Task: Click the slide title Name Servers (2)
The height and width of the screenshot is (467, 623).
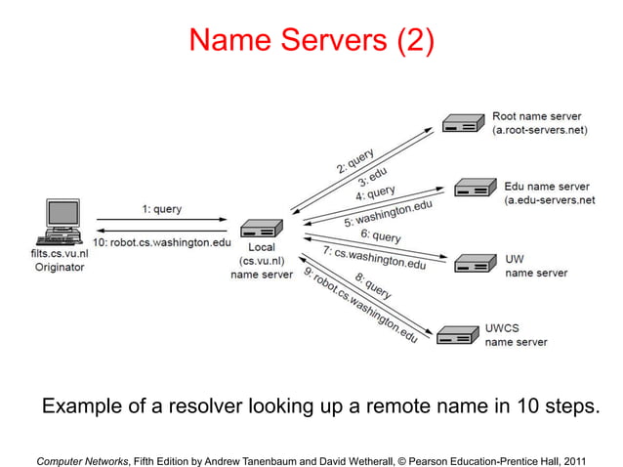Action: pyautogui.click(x=311, y=40)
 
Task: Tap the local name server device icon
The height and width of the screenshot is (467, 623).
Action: pyautogui.click(x=261, y=230)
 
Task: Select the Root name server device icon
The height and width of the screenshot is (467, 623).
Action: pyautogui.click(x=462, y=123)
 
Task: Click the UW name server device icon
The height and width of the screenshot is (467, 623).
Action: pyautogui.click(x=475, y=263)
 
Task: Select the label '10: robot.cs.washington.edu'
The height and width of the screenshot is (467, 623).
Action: pyautogui.click(x=162, y=242)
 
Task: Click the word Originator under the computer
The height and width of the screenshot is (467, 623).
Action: pyautogui.click(x=60, y=266)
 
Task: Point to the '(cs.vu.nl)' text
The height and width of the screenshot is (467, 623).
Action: pyautogui.click(x=261, y=261)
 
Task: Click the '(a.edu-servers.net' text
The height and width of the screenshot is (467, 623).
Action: pyautogui.click(x=549, y=199)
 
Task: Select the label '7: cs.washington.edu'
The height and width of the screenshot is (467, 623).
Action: pyautogui.click(x=374, y=258)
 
